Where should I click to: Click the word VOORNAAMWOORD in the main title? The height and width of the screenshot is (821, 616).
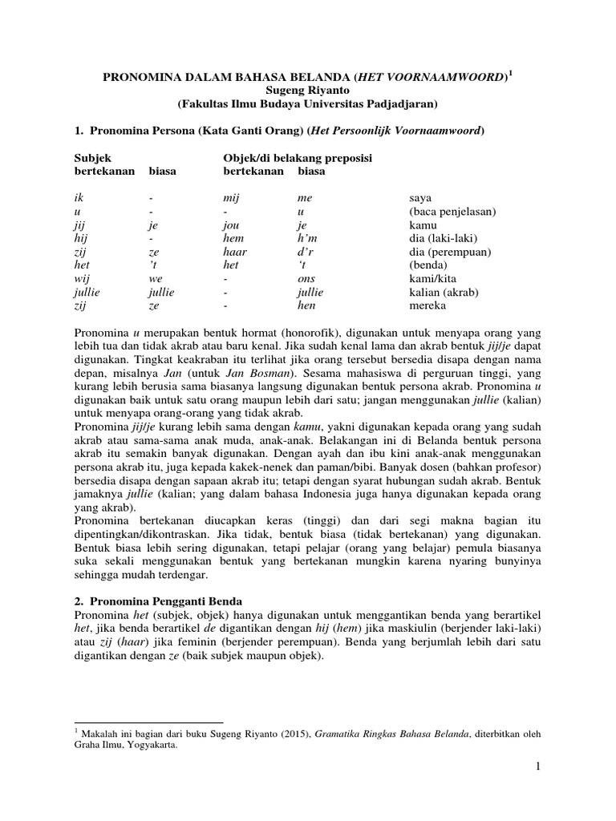tap(449, 77)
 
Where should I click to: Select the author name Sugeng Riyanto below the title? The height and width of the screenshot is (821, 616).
tap(308, 91)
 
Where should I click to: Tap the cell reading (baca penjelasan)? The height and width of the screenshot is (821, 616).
tap(452, 212)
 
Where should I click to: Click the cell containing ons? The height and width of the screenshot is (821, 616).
tap(306, 279)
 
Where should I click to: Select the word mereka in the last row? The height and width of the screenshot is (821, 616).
tap(428, 305)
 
